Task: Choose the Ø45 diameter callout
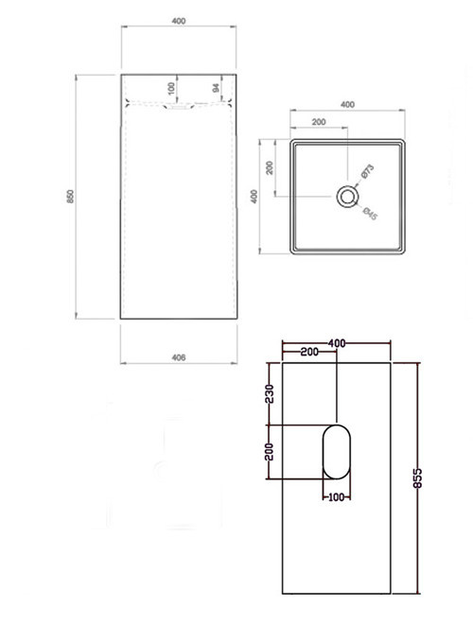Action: coord(371,214)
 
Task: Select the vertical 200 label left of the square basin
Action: coord(270,167)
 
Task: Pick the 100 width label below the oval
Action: coord(337,495)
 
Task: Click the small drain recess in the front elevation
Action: coord(177,108)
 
